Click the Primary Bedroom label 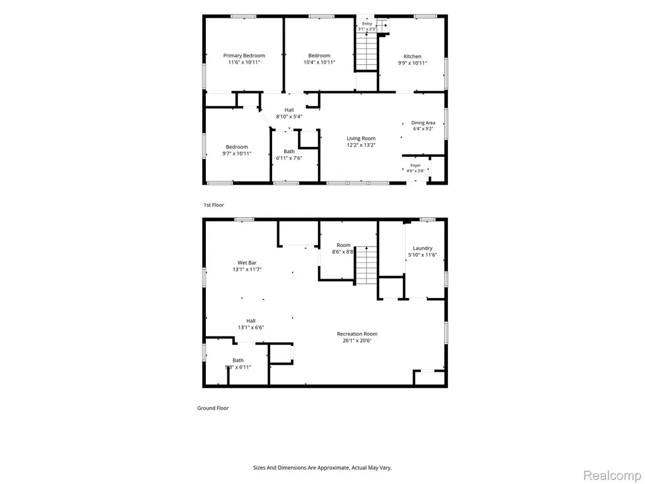click(x=244, y=55)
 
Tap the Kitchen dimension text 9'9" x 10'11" click(x=412, y=63)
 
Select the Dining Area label click(x=423, y=123)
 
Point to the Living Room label click(x=361, y=138)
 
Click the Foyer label click(x=416, y=166)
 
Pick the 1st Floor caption click(x=214, y=205)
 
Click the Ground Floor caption click(x=213, y=408)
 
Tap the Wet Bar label click(x=247, y=263)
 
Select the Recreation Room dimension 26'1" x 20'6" click(x=357, y=341)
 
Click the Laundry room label click(x=423, y=248)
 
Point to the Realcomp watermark click(x=612, y=475)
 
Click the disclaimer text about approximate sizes click(x=322, y=468)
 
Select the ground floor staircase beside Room click(x=366, y=265)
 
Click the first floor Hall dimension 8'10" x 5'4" click(x=288, y=117)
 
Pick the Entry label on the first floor click(x=367, y=24)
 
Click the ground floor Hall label click(x=251, y=321)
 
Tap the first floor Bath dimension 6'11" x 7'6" click(x=288, y=158)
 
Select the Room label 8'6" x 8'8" click(x=343, y=248)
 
